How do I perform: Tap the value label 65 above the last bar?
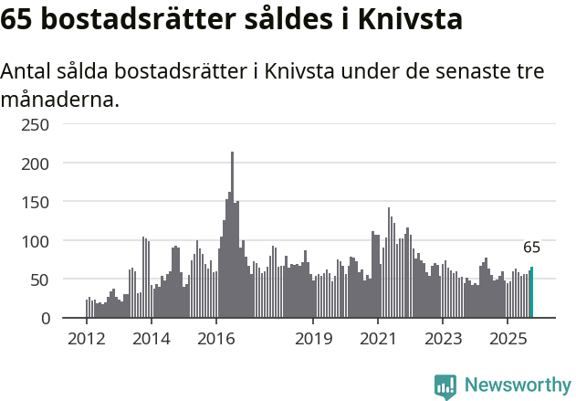pyautogui.click(x=531, y=248)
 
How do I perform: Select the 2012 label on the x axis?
pyautogui.click(x=87, y=339)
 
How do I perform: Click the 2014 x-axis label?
pyautogui.click(x=152, y=339)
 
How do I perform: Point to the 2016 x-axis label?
pyautogui.click(x=216, y=339)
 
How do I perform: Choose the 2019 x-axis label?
pyautogui.click(x=313, y=339)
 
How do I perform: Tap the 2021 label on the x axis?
pyautogui.click(x=378, y=339)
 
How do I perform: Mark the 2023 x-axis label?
pyautogui.click(x=443, y=339)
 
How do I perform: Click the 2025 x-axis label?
pyautogui.click(x=508, y=339)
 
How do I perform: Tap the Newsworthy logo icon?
pyautogui.click(x=445, y=386)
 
